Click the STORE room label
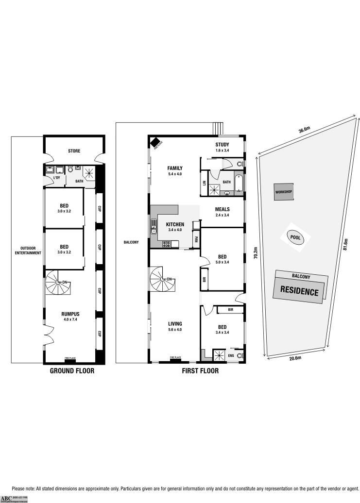74,151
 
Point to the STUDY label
223,145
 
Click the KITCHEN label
175,224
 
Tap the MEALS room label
222,209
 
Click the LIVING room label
174,324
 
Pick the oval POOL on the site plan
295,237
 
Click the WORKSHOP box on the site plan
285,192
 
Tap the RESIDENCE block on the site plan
299,292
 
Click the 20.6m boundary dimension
293,359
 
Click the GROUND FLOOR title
72,371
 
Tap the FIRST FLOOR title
200,371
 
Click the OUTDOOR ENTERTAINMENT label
27,251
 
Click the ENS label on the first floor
230,356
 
